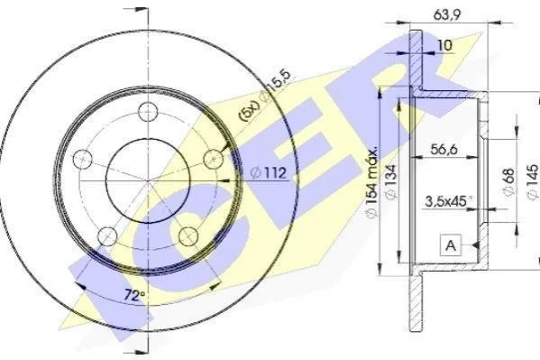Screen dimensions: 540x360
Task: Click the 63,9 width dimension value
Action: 446,14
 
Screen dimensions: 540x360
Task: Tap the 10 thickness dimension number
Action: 444,45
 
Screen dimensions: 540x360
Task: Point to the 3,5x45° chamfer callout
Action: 448,201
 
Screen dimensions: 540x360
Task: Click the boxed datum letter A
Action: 451,245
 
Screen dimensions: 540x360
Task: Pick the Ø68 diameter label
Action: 508,181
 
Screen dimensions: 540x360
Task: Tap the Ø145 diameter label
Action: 533,181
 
